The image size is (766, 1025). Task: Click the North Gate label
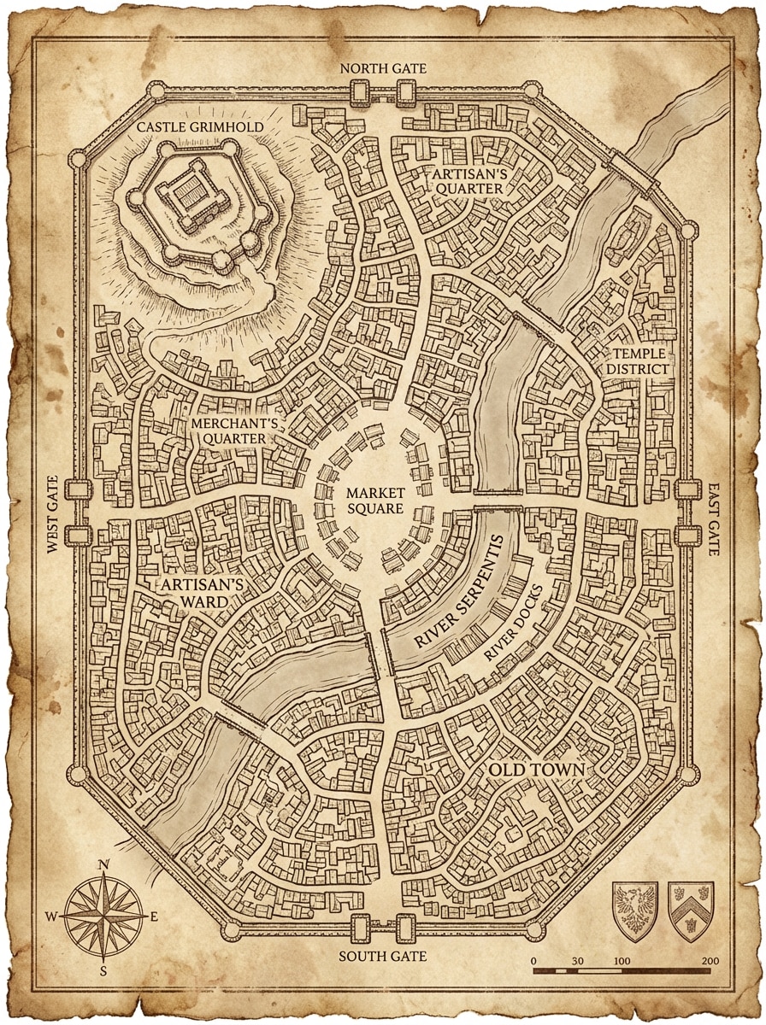coord(383,68)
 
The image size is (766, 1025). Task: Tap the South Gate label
coord(382,956)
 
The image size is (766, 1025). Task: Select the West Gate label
coord(53,515)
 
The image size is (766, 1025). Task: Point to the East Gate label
coord(713,519)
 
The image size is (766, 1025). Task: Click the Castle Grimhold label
coord(200,127)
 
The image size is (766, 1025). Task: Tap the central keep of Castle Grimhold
coord(186,196)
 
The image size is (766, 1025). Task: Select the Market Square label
coord(374,501)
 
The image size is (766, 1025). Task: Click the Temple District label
coord(638,360)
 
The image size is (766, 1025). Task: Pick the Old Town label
coord(536,770)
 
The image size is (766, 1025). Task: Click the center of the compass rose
coord(103,917)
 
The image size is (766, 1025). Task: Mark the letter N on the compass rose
coord(103,864)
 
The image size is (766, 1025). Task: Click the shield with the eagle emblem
coord(635,911)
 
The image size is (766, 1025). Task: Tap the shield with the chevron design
coord(691,911)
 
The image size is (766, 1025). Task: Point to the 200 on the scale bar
coord(709,961)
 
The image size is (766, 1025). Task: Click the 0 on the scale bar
coord(533,961)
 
